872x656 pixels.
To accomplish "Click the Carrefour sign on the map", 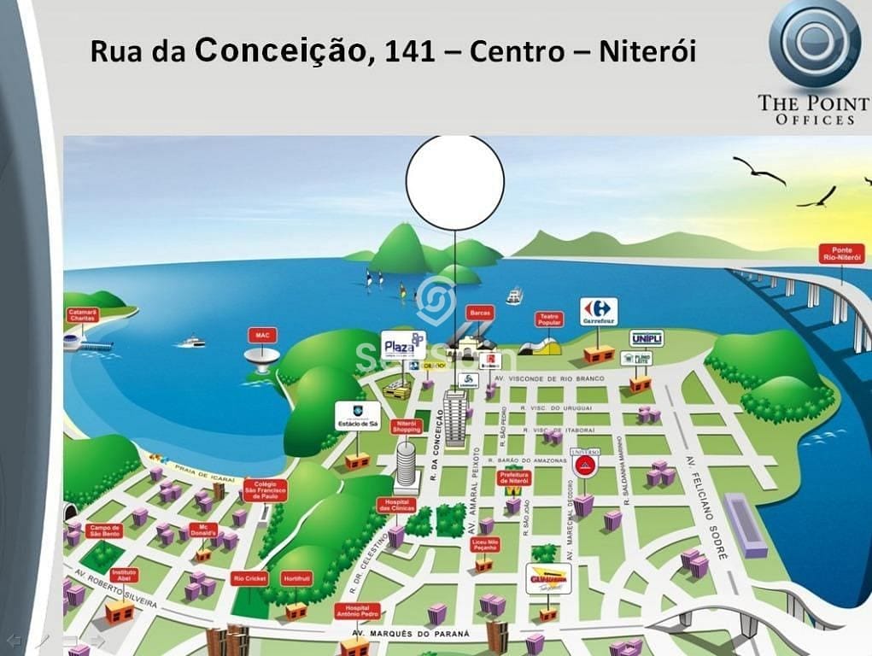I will pyautogui.click(x=599, y=311).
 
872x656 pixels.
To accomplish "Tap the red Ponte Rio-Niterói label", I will pyautogui.click(x=840, y=253).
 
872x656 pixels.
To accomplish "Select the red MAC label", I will pyautogui.click(x=262, y=334).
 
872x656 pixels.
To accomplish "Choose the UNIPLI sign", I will pyautogui.click(x=647, y=338).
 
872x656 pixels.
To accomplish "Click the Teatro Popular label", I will pyautogui.click(x=549, y=319).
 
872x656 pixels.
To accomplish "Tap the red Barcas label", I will pyautogui.click(x=480, y=313).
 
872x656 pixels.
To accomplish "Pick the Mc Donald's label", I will pyautogui.click(x=203, y=530).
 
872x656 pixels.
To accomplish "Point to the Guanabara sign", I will pyautogui.click(x=548, y=577).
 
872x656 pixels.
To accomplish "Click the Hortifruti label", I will pyautogui.click(x=296, y=578).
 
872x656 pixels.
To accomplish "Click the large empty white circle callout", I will pyautogui.click(x=454, y=181).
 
